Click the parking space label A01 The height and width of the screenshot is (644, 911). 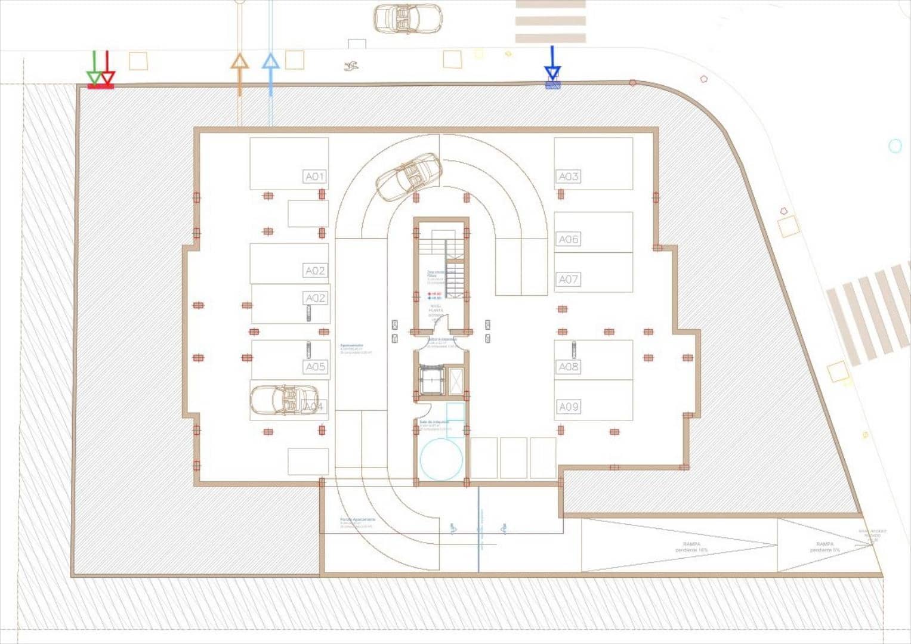314,177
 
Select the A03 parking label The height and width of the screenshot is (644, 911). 568,177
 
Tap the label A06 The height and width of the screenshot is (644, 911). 568,239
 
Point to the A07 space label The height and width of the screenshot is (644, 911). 568,279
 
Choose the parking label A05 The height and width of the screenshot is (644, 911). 315,367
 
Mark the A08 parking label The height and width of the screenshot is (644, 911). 568,367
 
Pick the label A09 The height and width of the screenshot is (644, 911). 568,407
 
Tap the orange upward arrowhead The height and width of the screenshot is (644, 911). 239,62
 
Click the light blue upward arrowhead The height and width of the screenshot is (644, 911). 271,62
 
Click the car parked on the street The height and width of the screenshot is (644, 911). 407,18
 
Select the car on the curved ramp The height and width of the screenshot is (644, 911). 409,177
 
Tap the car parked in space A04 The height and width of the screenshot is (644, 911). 284,400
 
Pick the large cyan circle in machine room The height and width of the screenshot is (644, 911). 441,459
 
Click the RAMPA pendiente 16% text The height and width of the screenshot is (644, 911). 691,547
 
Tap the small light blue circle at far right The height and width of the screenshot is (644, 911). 895,145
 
